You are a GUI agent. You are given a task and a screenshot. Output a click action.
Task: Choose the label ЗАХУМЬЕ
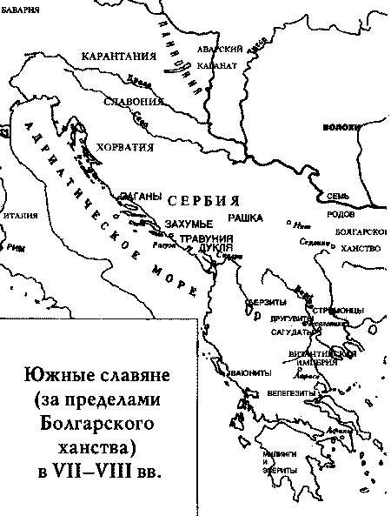[x=190, y=224]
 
